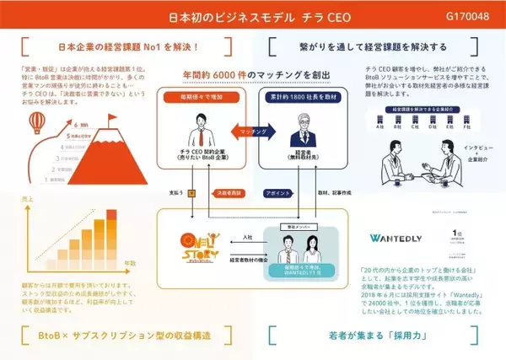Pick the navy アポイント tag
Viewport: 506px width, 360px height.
pos(279,192)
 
